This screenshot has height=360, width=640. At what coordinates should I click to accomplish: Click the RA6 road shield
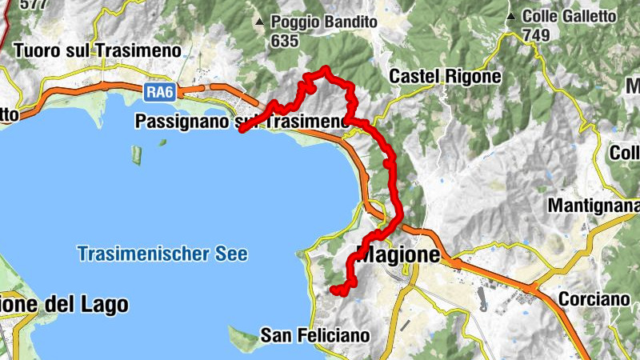point(158,93)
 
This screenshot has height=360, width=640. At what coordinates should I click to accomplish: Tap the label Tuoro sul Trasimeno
point(98,50)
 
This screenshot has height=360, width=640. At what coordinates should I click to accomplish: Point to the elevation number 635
point(284,41)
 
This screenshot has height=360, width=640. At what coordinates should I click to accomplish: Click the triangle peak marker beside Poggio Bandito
point(258,22)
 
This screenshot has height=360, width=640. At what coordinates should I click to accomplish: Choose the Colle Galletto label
point(569,16)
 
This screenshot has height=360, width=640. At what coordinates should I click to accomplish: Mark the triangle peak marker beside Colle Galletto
point(510,16)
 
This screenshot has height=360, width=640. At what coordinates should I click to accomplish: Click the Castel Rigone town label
point(445,77)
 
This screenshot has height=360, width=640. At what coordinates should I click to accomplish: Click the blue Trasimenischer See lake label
point(162,254)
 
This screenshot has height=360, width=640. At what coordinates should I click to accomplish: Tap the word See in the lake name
point(232,254)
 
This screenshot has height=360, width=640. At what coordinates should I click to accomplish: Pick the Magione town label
point(398,256)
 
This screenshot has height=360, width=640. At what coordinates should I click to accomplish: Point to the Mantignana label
point(592,206)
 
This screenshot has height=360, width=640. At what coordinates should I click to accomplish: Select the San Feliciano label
point(315,335)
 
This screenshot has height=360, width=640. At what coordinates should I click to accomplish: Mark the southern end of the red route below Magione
point(334,289)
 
